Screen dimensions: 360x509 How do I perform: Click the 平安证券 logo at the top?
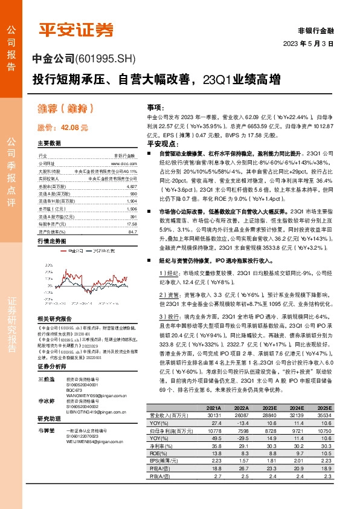click(76, 30)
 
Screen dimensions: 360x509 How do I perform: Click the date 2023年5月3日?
click(309, 44)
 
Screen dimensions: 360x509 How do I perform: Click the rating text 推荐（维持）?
click(66, 109)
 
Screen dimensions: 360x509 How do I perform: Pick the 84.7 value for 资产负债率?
click(133, 232)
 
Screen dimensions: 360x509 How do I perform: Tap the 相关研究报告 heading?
click(54, 319)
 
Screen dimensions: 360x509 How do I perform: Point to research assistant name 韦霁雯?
click(46, 431)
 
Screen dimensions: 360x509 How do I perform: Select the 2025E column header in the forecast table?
click(341, 441)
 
